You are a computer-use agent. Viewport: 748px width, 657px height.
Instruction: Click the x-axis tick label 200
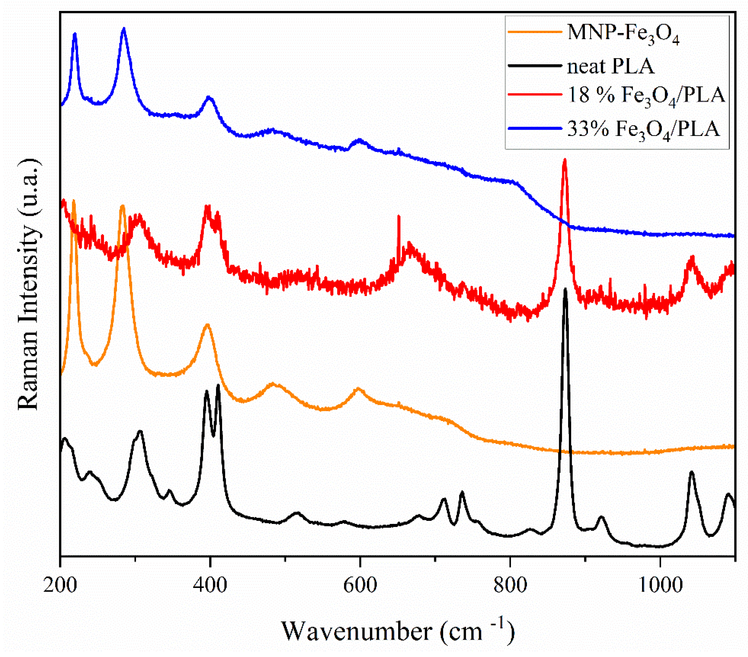click(60, 586)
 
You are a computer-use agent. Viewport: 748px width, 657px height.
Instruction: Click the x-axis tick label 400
click(210, 586)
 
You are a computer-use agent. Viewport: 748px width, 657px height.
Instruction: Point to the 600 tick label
click(360, 586)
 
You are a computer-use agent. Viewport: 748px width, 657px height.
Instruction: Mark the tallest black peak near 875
click(565, 289)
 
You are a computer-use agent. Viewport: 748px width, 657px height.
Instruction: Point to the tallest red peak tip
click(565, 160)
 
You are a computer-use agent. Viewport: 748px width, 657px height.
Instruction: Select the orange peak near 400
click(208, 325)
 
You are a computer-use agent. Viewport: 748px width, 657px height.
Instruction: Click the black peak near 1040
click(691, 472)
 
